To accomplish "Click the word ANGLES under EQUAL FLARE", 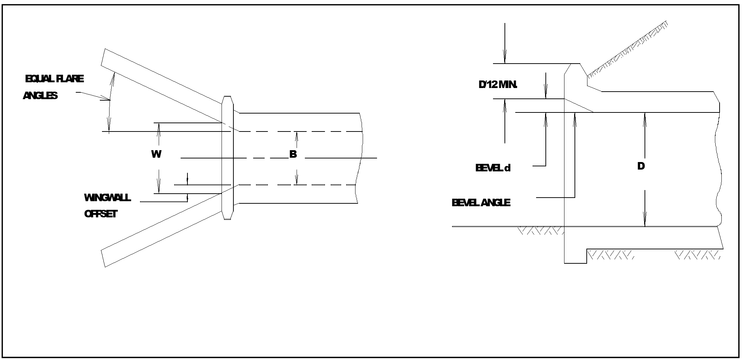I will (x=40, y=96).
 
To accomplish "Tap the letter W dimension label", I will (x=156, y=154).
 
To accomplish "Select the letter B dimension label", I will (x=293, y=154).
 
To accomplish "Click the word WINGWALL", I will (x=107, y=198).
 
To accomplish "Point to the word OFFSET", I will (x=101, y=214).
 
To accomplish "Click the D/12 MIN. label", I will (x=498, y=85).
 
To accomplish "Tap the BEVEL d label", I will (x=493, y=168).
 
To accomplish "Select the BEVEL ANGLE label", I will (x=481, y=203).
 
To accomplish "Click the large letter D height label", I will (x=641, y=166).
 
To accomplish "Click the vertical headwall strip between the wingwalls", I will (x=228, y=158).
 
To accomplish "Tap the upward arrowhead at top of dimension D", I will (x=645, y=119).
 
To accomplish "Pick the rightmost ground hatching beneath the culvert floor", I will (x=698, y=255).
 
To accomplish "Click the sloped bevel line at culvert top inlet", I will (x=578, y=105).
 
